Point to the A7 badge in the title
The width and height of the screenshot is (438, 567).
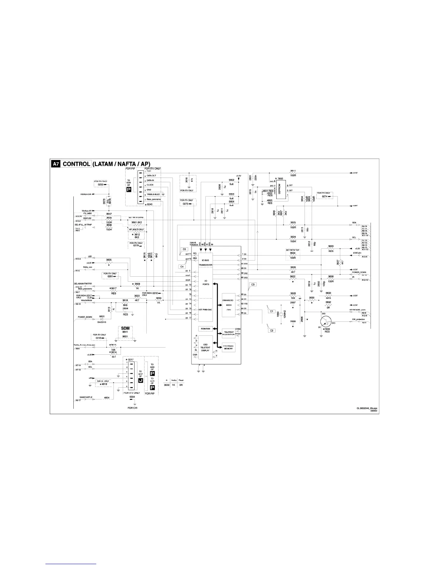coord(55,164)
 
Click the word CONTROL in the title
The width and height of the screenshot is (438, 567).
coord(76,164)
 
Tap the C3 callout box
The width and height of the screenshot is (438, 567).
coord(253,285)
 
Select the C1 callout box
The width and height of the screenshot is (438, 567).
coord(272,311)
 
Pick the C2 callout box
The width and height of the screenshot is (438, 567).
coord(272,330)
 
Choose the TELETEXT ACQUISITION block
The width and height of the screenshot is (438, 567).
coord(228,333)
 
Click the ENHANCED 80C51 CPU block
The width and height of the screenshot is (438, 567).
coord(228,305)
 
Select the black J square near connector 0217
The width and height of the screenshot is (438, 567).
coord(140,380)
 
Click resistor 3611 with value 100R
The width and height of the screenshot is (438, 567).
coord(293,173)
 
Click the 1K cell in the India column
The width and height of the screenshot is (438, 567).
coord(174,385)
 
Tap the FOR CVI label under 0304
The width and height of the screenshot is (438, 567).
coord(132,408)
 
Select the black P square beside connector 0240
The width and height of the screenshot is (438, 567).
coord(129,189)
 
